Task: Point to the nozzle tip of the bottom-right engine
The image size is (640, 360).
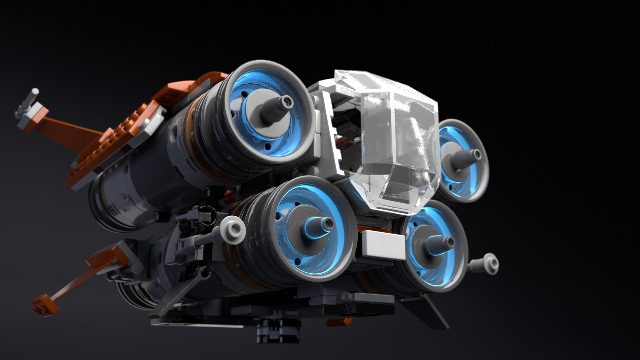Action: (x=450, y=242)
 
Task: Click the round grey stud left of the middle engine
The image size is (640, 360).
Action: (x=234, y=229)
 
